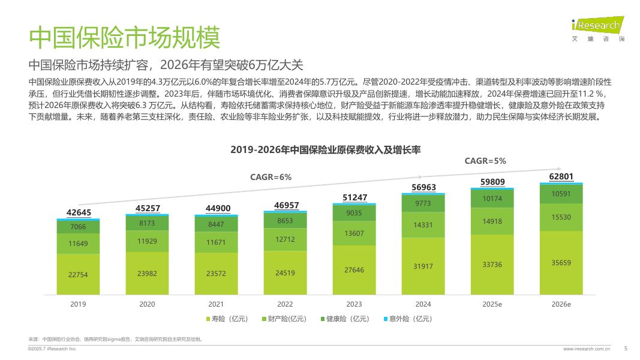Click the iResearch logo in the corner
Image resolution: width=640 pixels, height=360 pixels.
pyautogui.click(x=597, y=28)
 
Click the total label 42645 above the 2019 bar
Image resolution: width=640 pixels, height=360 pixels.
pyautogui.click(x=79, y=213)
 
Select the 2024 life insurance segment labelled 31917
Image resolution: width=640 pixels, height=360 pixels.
pyautogui.click(x=423, y=266)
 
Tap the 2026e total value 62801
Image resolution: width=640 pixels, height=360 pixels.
pyautogui.click(x=561, y=176)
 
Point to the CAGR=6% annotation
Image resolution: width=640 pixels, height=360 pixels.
pyautogui.click(x=271, y=177)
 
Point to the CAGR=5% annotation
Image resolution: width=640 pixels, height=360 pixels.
pyautogui.click(x=486, y=161)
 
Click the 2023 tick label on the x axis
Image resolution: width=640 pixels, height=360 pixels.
pyautogui.click(x=354, y=304)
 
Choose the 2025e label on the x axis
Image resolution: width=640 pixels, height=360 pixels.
pyautogui.click(x=492, y=304)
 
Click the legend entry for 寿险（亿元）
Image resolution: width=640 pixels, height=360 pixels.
pyautogui.click(x=227, y=319)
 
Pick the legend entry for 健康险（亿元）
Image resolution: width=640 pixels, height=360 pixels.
pyautogui.click(x=349, y=319)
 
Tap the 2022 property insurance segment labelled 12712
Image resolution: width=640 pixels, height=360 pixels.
pyautogui.click(x=285, y=240)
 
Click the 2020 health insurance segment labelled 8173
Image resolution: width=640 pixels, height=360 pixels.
pyautogui.click(x=147, y=223)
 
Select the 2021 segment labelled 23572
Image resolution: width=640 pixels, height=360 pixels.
pyautogui.click(x=216, y=274)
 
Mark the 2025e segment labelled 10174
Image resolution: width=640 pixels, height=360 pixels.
pyautogui.click(x=492, y=198)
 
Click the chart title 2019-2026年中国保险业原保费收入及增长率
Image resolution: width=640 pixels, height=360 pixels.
pyautogui.click(x=326, y=150)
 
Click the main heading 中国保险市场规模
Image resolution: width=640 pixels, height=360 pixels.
pyautogui.click(x=125, y=37)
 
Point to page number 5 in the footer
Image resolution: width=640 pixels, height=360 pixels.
pyautogui.click(x=626, y=347)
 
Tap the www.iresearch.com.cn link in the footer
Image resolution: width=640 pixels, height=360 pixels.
pyautogui.click(x=587, y=348)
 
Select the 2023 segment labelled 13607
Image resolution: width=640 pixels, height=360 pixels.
pyautogui.click(x=354, y=233)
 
